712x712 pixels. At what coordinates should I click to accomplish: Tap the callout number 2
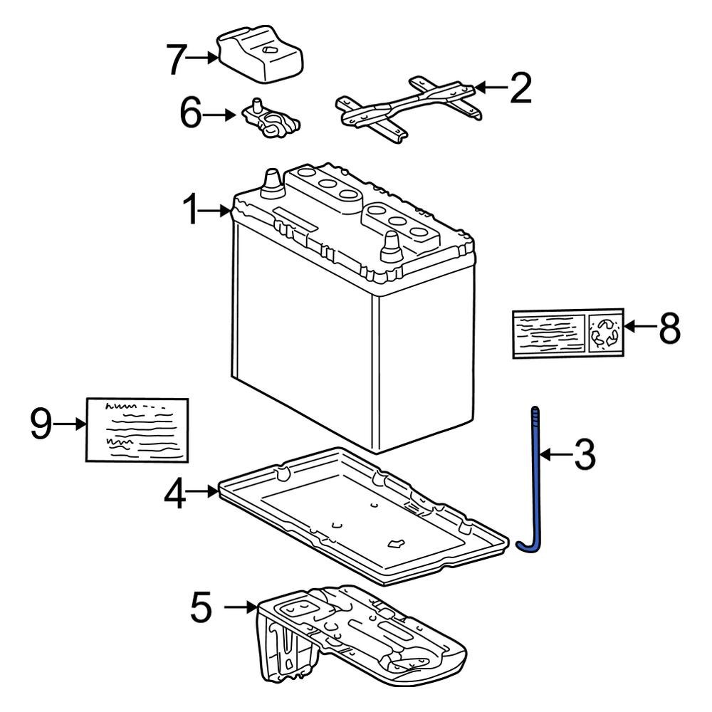point(520,88)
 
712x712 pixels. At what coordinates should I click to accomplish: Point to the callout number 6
point(192,114)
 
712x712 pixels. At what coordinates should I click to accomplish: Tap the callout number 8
point(669,328)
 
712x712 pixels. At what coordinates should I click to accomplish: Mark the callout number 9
point(41,424)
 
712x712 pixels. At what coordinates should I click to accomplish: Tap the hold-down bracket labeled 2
point(406,108)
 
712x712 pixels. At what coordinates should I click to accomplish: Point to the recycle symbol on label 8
point(606,332)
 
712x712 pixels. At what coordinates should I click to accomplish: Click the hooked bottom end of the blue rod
point(527,545)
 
